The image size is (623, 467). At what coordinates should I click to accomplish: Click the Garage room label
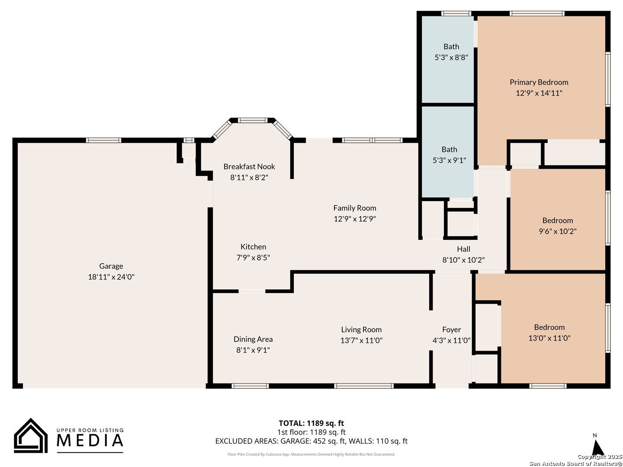pyautogui.click(x=111, y=266)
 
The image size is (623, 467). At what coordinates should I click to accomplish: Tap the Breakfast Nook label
pyautogui.click(x=249, y=166)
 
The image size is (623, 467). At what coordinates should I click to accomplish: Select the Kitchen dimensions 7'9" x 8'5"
pyautogui.click(x=253, y=257)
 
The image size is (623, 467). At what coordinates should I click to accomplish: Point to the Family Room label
pyautogui.click(x=354, y=208)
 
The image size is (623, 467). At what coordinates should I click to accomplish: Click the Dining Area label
pyautogui.click(x=253, y=339)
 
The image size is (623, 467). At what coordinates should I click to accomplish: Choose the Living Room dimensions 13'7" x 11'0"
pyautogui.click(x=361, y=340)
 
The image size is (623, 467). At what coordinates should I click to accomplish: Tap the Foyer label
pyautogui.click(x=451, y=329)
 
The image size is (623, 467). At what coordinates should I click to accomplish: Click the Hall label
pyautogui.click(x=463, y=249)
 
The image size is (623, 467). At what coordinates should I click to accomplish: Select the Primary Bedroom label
pyautogui.click(x=539, y=82)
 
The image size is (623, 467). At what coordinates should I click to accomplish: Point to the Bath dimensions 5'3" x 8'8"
pyautogui.click(x=451, y=57)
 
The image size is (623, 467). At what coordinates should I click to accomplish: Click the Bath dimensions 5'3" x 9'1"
pyautogui.click(x=449, y=160)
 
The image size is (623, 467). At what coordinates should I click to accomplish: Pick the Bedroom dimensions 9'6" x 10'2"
pyautogui.click(x=557, y=231)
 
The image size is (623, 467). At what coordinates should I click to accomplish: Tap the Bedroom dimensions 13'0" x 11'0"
pyautogui.click(x=549, y=338)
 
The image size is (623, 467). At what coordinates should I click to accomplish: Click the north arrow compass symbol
pyautogui.click(x=597, y=447)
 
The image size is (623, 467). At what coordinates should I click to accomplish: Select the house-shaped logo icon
pyautogui.click(x=31, y=435)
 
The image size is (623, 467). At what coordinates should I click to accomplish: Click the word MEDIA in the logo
pyautogui.click(x=90, y=440)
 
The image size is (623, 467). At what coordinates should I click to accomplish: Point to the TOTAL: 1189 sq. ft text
pyautogui.click(x=311, y=423)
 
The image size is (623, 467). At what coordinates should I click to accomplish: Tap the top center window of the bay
pyautogui.click(x=252, y=120)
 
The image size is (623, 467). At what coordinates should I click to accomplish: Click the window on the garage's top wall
pyautogui.click(x=103, y=141)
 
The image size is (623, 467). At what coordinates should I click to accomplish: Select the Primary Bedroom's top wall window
pyautogui.click(x=537, y=13)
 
